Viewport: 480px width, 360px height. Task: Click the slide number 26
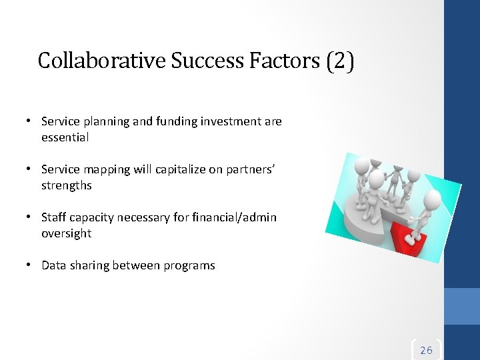[426, 350]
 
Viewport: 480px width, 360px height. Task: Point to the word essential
[65, 137]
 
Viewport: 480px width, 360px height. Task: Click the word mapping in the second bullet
[104, 170]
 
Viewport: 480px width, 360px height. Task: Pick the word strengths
[67, 185]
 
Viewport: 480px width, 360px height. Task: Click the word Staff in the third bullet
[53, 217]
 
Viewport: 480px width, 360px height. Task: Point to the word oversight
[66, 233]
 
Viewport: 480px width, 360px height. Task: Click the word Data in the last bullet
[53, 265]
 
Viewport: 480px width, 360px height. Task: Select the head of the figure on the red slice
[432, 199]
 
